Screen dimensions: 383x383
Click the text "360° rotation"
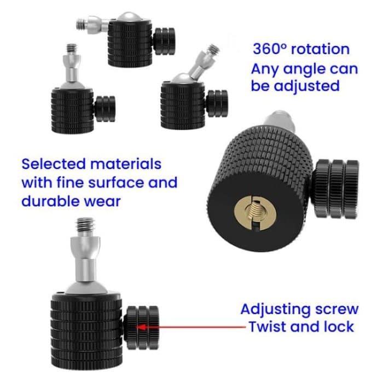(301, 49)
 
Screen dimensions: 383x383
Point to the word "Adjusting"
(276, 309)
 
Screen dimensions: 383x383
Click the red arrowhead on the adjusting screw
(140, 326)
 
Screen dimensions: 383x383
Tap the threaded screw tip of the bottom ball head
(84, 225)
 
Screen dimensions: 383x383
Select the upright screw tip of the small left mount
(71, 50)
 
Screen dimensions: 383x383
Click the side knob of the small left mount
(105, 108)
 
